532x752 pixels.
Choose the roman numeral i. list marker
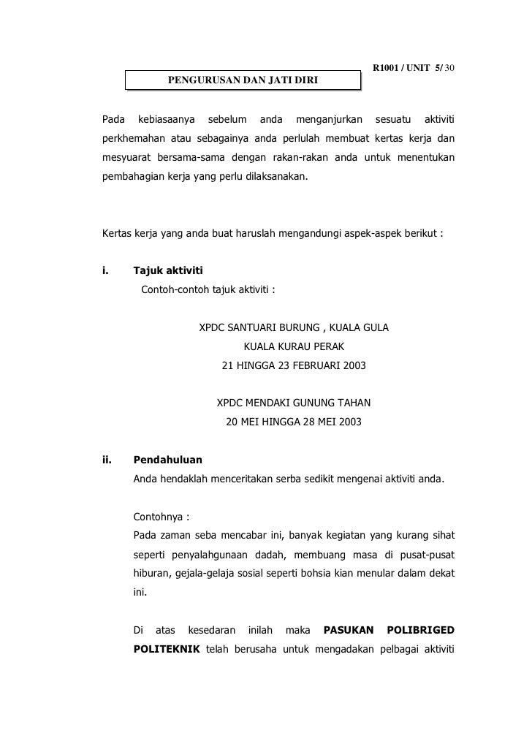point(104,272)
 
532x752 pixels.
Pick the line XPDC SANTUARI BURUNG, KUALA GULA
point(294,328)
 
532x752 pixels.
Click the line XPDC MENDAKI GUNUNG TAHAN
point(294,403)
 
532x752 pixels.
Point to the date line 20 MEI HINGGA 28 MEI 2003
point(294,422)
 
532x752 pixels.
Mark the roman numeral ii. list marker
point(107,460)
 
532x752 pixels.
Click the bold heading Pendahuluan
point(168,460)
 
